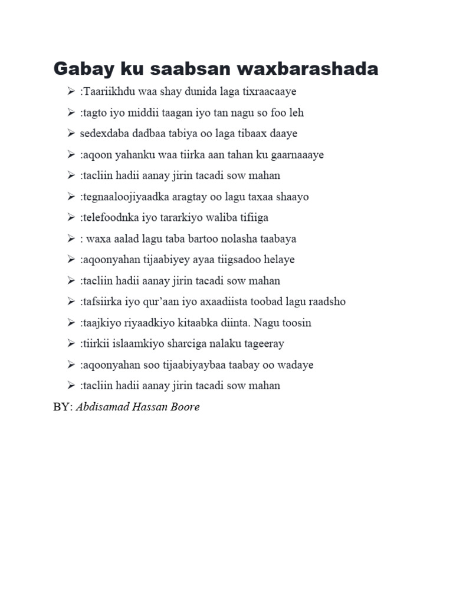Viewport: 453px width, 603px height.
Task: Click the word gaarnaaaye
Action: coord(295,155)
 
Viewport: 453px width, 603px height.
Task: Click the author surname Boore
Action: coord(184,407)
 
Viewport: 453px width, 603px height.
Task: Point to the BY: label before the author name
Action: coord(63,407)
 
